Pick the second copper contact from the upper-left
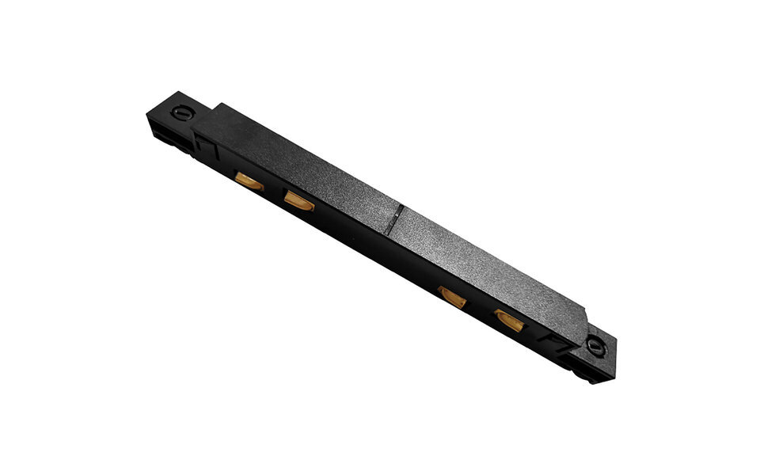tap(299, 202)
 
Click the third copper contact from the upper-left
tap(452, 298)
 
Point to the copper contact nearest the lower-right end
tap(508, 320)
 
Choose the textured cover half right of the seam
tap(491, 269)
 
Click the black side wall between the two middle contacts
tap(372, 253)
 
